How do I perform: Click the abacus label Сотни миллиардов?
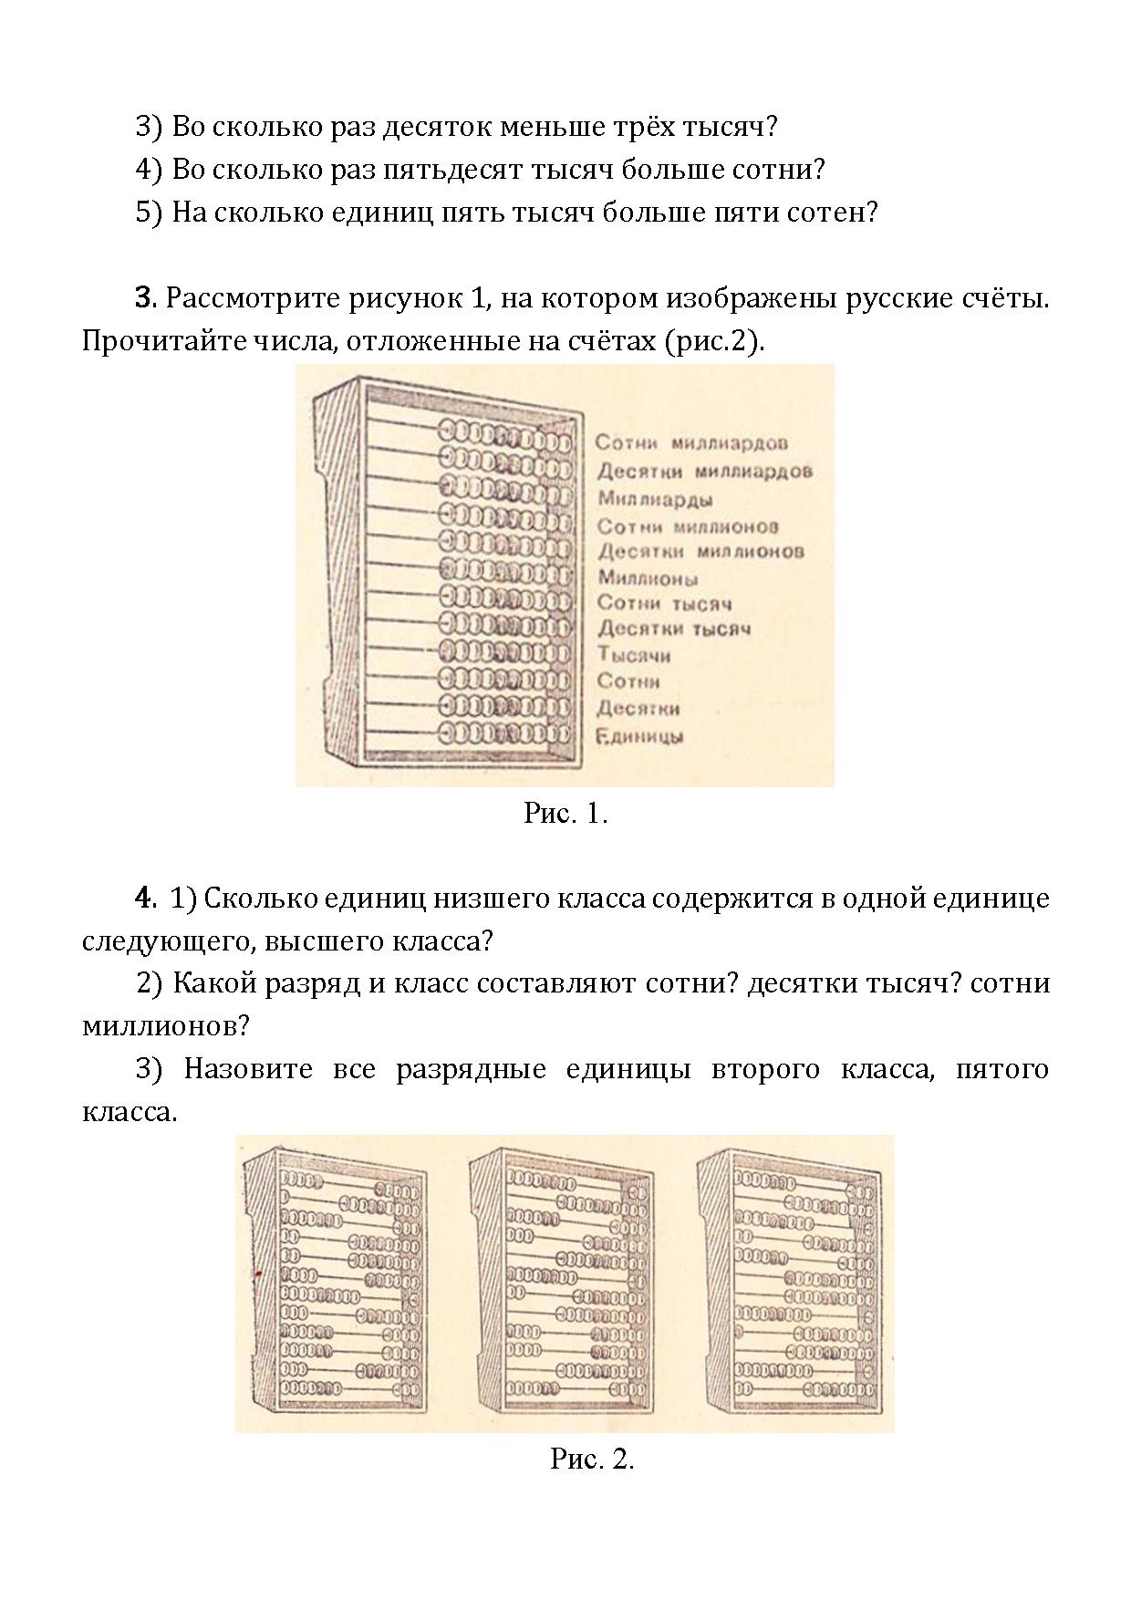691,443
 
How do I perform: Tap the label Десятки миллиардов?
705,472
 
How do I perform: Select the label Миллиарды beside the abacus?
656,499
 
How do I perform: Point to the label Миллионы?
649,577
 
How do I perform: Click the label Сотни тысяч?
665,603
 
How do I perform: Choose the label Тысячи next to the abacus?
634,655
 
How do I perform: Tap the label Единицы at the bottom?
639,736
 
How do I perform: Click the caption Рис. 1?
565,814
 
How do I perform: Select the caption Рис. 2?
592,1459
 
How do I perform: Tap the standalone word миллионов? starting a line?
166,1025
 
